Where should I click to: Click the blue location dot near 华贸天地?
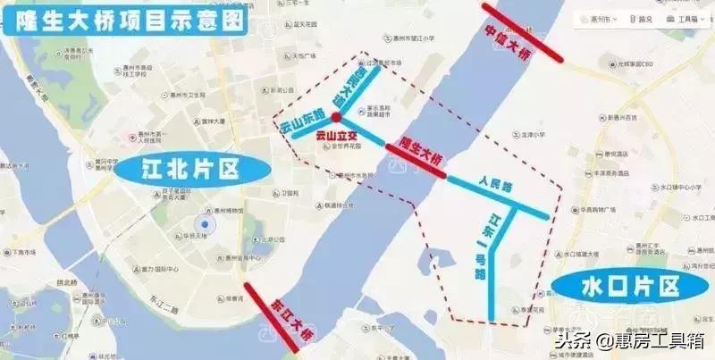pyautogui.click(x=206, y=224)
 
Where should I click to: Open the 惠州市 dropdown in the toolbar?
pyautogui.click(x=601, y=19)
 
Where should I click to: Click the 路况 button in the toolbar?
pyautogui.click(x=641, y=19)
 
